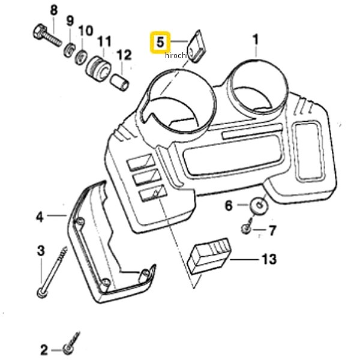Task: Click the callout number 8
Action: (x=54, y=11)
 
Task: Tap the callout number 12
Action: (x=124, y=55)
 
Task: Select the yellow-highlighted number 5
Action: (x=160, y=43)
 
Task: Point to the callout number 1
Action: (x=256, y=40)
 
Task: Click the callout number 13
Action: (x=269, y=259)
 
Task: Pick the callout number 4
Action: (x=40, y=217)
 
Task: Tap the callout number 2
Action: (x=44, y=350)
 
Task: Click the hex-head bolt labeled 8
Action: (x=47, y=35)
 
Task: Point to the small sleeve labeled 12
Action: (x=120, y=82)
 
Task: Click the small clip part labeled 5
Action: (x=197, y=46)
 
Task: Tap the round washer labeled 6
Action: (x=259, y=204)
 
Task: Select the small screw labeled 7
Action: (x=247, y=227)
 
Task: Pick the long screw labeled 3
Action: (x=52, y=272)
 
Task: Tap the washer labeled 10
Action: (x=81, y=57)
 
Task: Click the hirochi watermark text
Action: (x=175, y=55)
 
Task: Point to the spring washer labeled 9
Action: (x=68, y=50)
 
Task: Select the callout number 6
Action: (x=229, y=206)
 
